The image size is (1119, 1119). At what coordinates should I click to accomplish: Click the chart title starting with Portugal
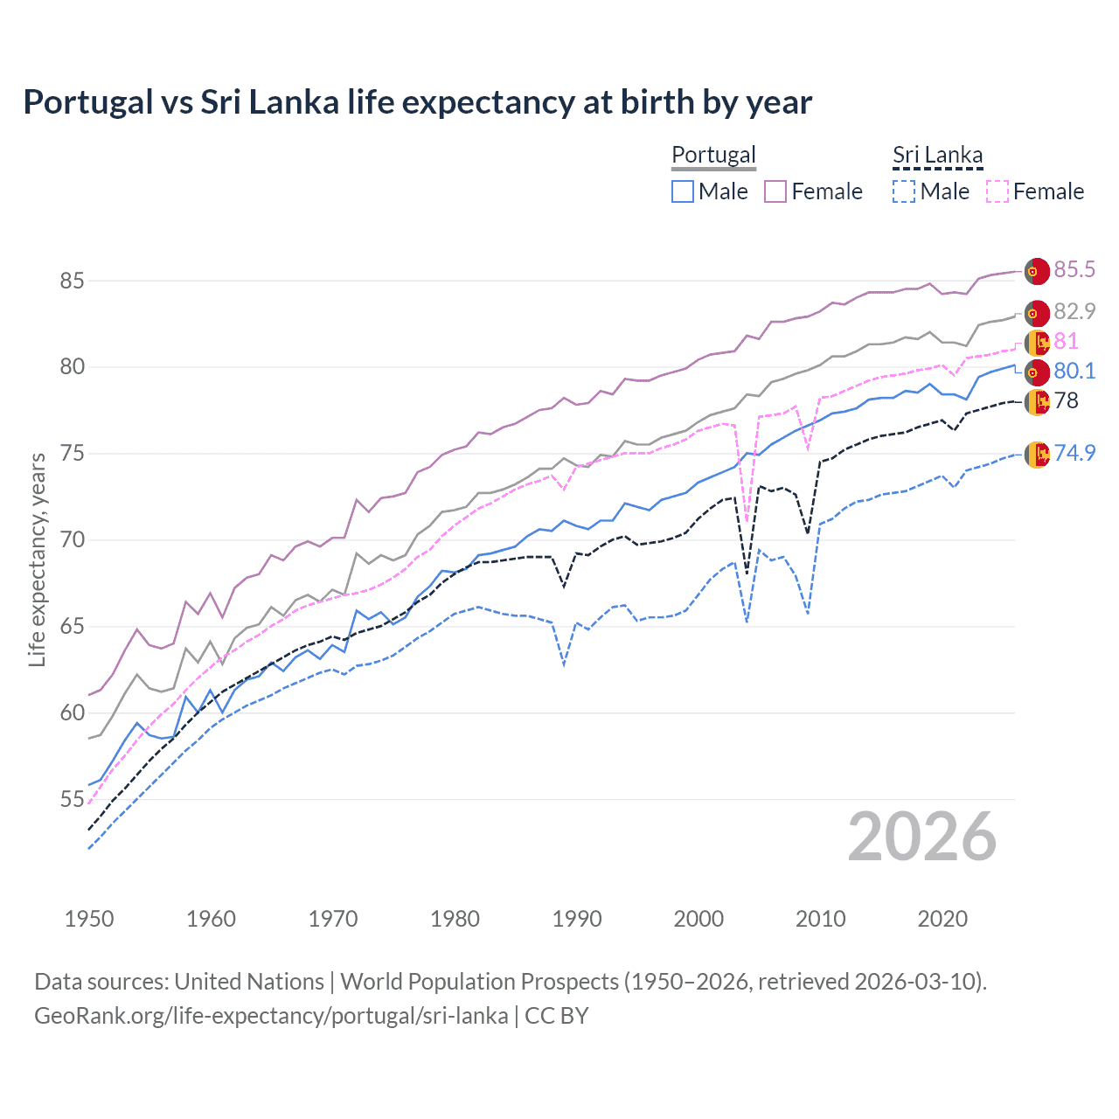tap(417, 102)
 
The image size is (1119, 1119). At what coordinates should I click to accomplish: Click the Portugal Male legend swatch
tap(683, 191)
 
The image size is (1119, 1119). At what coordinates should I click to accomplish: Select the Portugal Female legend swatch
tap(775, 191)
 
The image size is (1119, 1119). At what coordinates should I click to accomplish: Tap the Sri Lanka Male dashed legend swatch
tap(904, 191)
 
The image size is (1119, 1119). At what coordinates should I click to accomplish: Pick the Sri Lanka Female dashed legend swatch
tap(997, 191)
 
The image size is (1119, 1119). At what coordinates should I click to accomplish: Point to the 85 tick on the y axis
tap(72, 281)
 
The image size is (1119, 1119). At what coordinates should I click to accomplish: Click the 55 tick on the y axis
tap(72, 799)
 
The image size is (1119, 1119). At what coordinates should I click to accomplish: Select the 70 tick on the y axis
tap(72, 539)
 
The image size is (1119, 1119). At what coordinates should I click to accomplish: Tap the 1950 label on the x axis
tap(89, 919)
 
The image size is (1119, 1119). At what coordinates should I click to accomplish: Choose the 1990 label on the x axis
tap(577, 919)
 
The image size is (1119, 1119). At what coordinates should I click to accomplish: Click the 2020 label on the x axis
tap(942, 919)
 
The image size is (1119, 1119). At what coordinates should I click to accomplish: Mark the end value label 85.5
tap(1074, 269)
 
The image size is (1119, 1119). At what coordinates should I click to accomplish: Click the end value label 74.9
tap(1074, 453)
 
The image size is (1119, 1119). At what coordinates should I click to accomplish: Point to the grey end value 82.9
tap(1074, 311)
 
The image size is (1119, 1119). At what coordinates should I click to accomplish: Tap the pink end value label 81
tap(1067, 341)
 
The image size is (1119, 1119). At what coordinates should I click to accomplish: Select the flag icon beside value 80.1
tap(1037, 372)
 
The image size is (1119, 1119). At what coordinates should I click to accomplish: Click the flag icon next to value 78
tap(1037, 402)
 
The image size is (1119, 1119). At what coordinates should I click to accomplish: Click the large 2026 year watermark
tap(922, 838)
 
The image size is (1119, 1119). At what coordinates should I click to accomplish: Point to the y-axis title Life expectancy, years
tap(38, 559)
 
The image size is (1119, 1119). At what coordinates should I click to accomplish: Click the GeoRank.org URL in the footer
tap(271, 1016)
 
